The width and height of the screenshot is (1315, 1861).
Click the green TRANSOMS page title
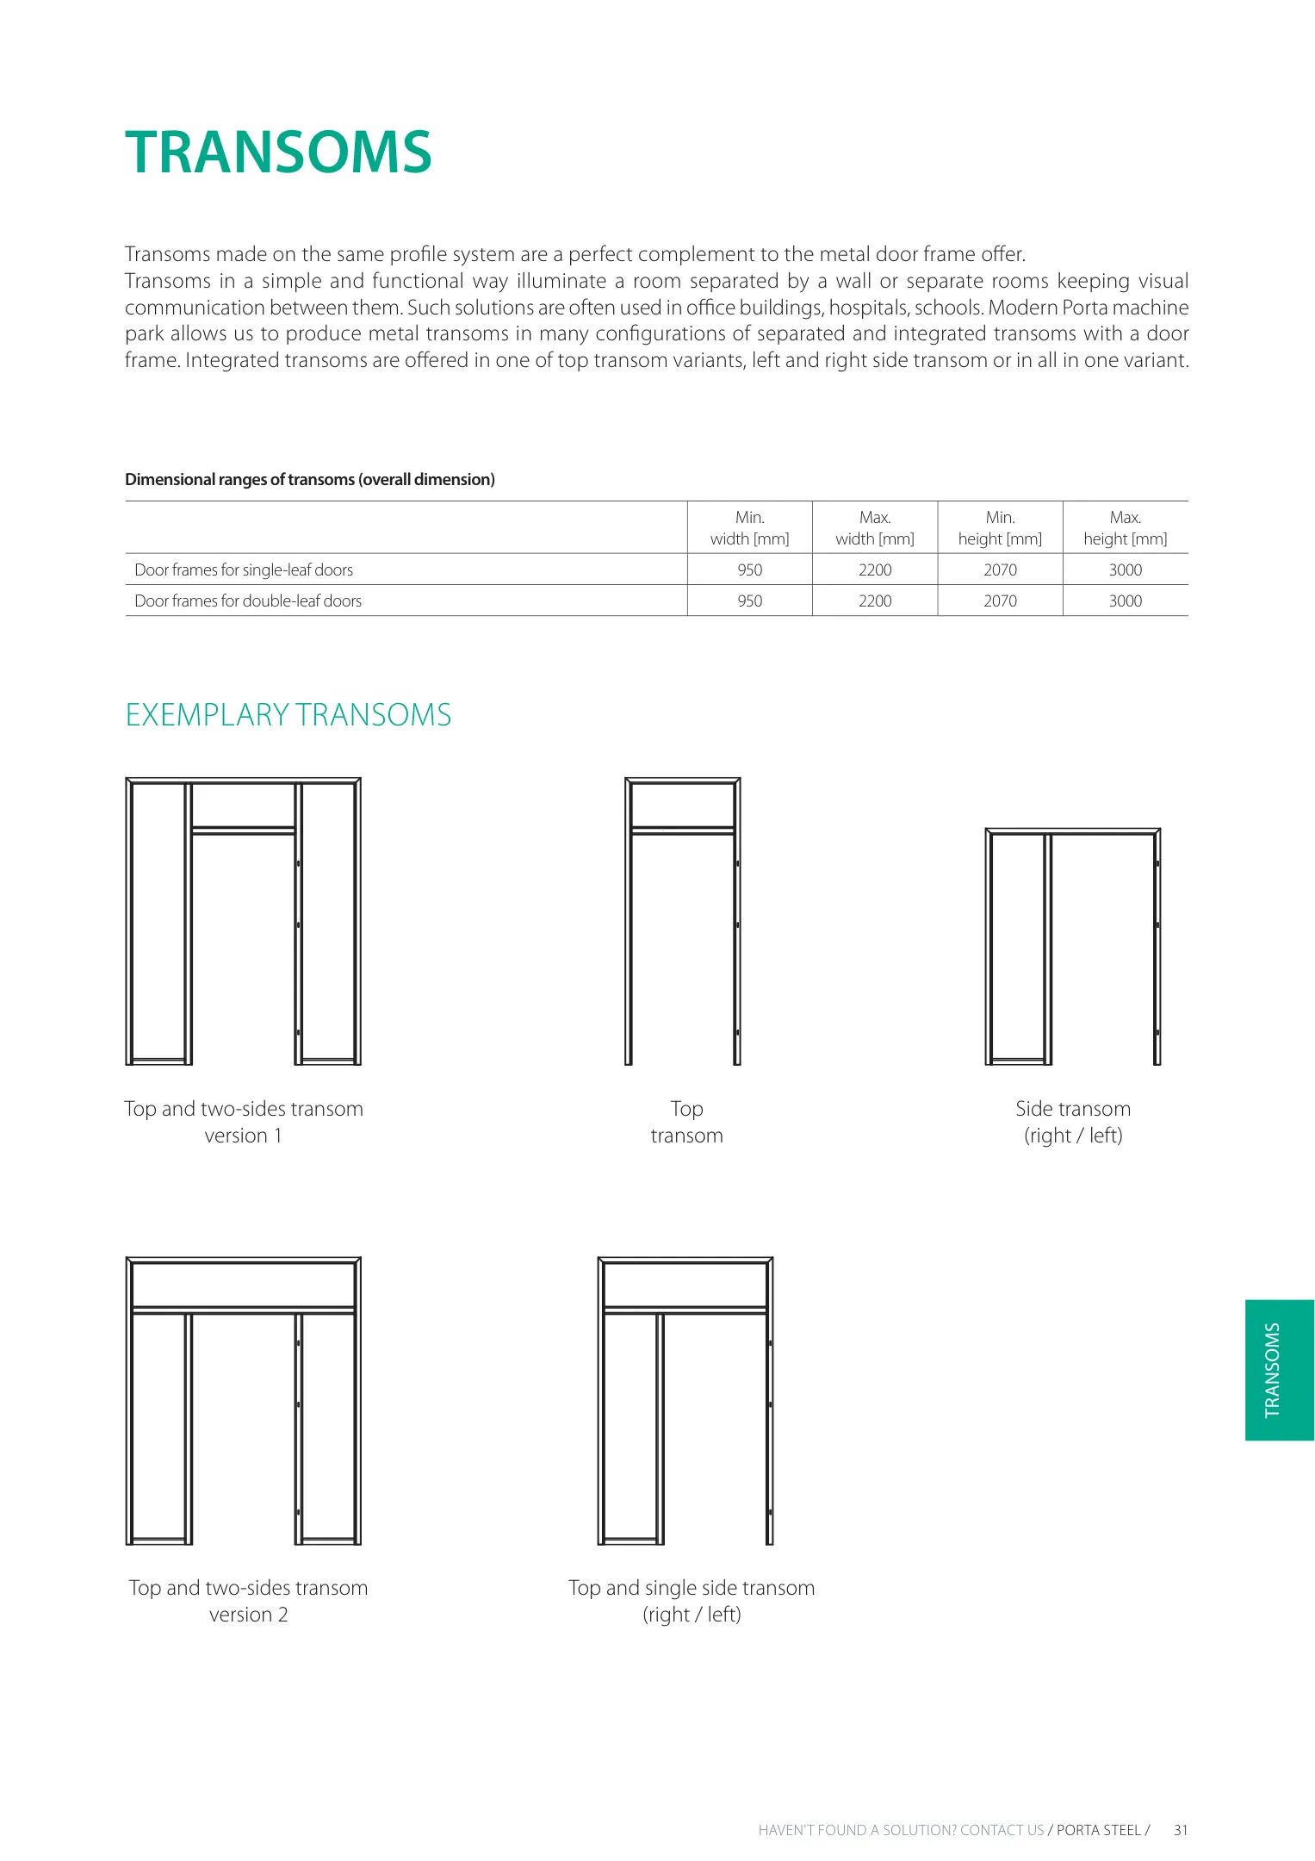pos(277,152)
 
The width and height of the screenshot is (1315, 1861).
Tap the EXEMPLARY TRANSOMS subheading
pos(288,715)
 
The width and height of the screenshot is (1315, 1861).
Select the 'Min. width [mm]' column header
pos(749,528)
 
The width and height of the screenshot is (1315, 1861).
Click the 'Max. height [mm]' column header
pos(1125,528)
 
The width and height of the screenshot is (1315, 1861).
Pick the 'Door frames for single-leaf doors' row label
pos(244,570)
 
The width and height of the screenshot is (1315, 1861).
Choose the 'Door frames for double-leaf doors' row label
pos(248,601)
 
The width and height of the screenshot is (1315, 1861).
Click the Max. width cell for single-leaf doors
pos(874,570)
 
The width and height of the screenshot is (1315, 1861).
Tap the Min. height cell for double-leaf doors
pos(1000,601)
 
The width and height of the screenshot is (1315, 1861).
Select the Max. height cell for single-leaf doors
pos(1125,570)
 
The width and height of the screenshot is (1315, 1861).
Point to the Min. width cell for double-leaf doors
pos(749,601)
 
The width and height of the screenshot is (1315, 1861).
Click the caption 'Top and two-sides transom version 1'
pos(244,1122)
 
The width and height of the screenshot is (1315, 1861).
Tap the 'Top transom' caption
pos(686,1122)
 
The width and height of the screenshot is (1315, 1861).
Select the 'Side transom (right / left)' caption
pos(1072,1122)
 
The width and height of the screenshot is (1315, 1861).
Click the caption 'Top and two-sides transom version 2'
pos(248,1601)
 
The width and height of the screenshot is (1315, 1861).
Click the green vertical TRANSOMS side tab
pos(1279,1370)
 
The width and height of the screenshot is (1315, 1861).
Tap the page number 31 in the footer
pos(1181,1830)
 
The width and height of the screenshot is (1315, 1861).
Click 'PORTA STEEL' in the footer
pos(1098,1830)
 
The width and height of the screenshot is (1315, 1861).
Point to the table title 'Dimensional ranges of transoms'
pos(310,480)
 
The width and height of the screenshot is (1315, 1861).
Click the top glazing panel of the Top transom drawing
pos(682,806)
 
